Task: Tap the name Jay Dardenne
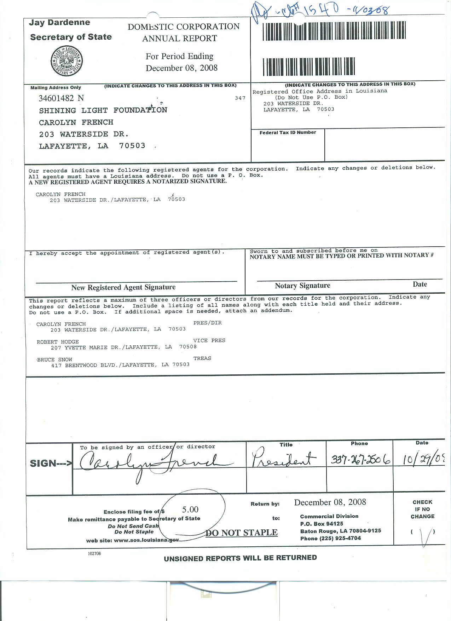click(59, 23)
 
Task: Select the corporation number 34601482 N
click(61, 98)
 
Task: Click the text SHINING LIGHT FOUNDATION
click(103, 110)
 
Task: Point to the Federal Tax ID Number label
click(288, 132)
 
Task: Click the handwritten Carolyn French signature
click(152, 462)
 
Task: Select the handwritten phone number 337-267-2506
click(360, 459)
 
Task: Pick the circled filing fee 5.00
click(190, 510)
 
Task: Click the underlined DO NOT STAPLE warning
click(242, 533)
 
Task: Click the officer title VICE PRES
click(209, 340)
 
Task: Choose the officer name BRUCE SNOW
click(54, 360)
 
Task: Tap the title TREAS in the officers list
click(202, 358)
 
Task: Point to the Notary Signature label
click(302, 286)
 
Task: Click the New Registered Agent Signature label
click(123, 287)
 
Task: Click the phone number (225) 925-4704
click(340, 538)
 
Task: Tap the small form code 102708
click(94, 553)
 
